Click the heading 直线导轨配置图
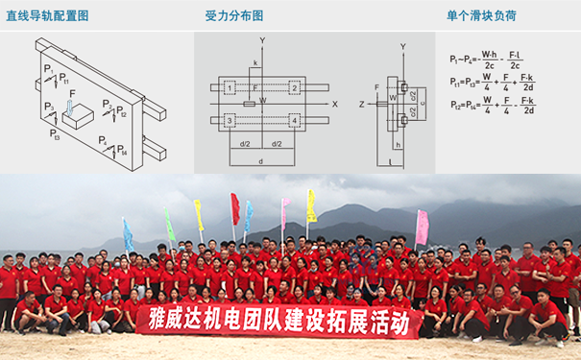pos(47,16)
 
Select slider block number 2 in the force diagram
pos(293,87)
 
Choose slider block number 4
pos(293,120)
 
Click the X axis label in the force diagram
pos(334,103)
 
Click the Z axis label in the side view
pos(361,103)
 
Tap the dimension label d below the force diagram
pos(260,160)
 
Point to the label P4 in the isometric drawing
pos(102,141)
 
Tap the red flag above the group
pos(234,207)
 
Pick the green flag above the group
pos(169,226)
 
